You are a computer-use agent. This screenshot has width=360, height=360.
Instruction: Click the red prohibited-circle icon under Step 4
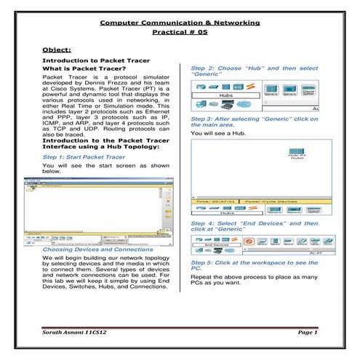pos(248,240)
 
